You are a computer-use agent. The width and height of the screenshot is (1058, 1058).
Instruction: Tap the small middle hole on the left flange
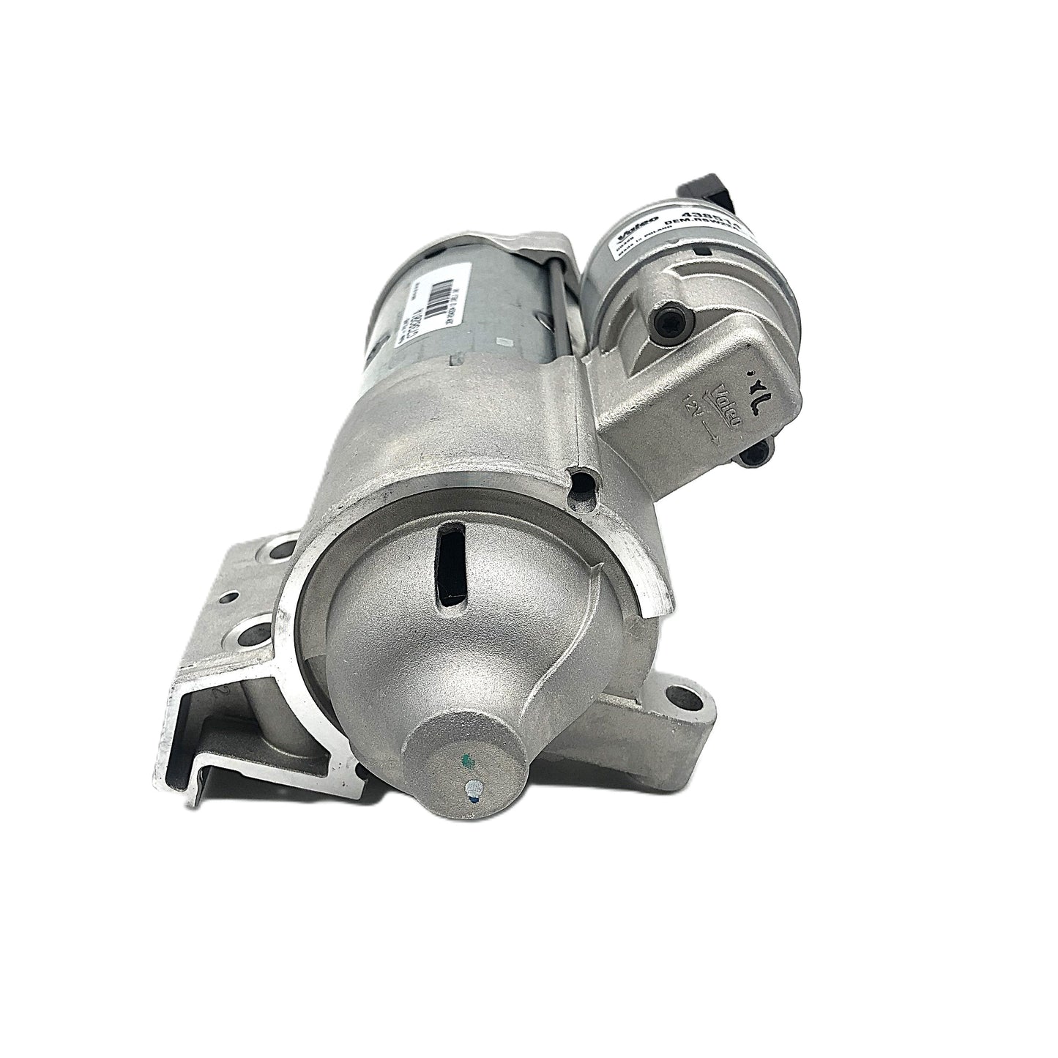234,597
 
